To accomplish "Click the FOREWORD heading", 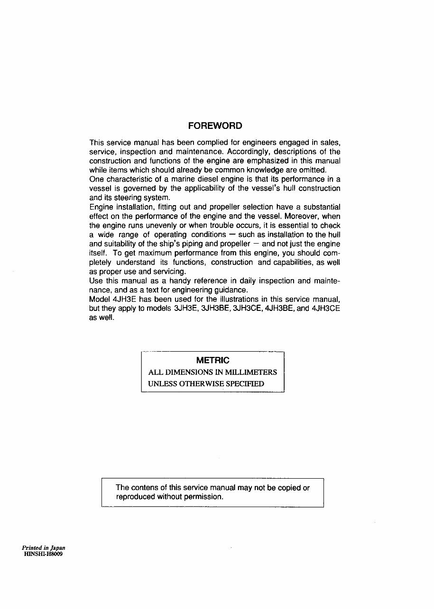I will (x=215, y=126).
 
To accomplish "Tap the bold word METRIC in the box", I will (x=212, y=361).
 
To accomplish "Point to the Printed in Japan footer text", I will (x=44, y=547).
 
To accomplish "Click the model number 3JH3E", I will (x=184, y=309).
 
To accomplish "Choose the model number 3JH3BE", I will (x=211, y=309).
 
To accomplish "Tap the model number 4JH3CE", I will (x=326, y=309).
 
